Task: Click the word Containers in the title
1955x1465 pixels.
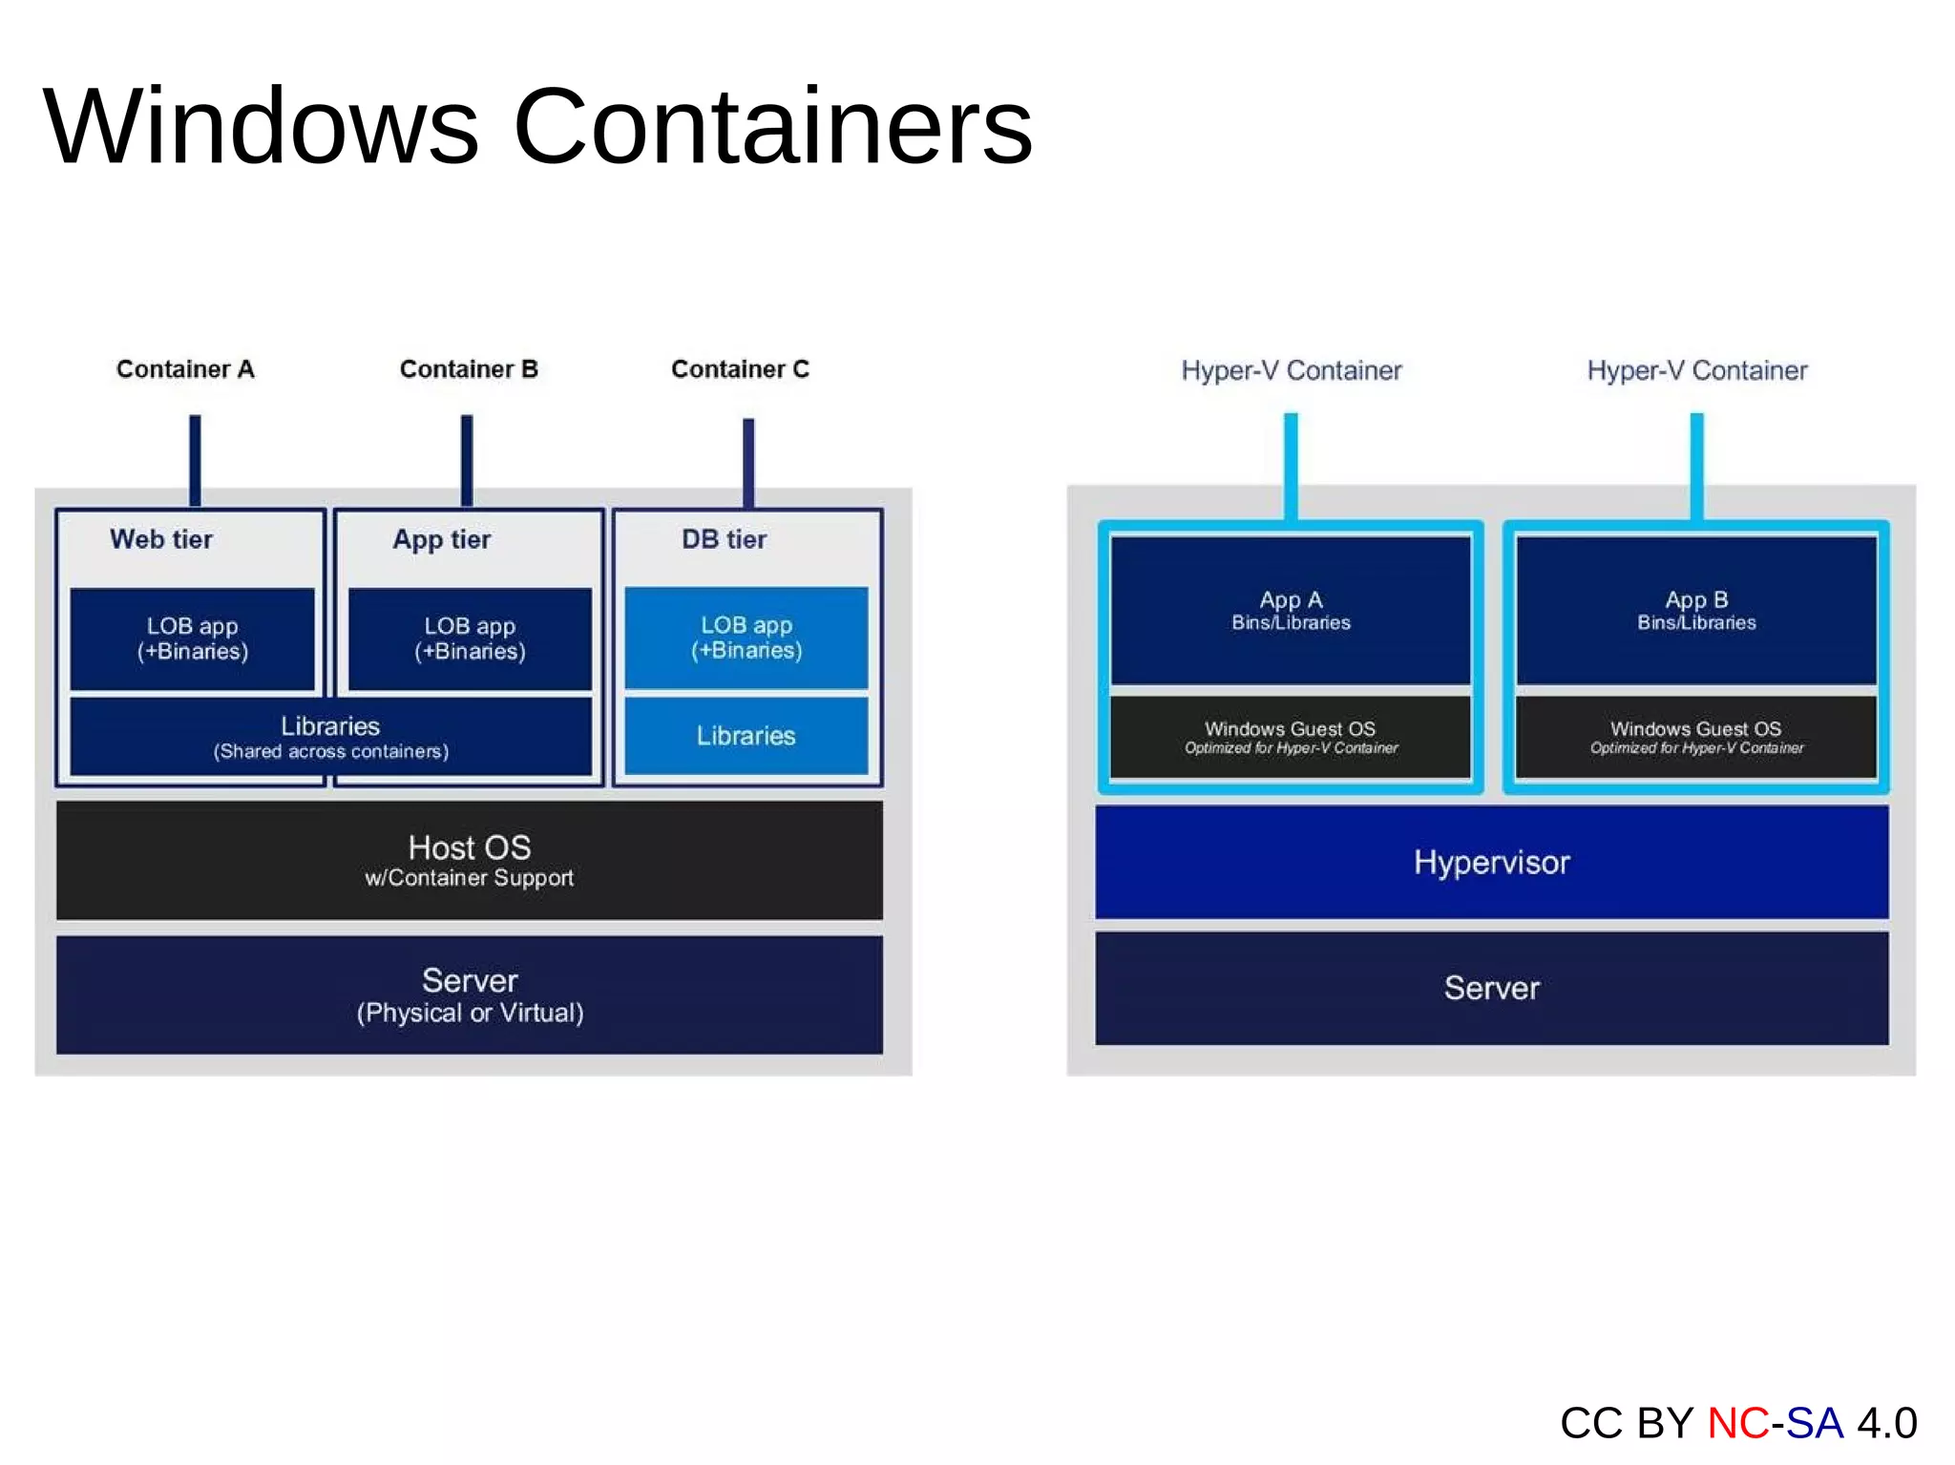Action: [x=773, y=127]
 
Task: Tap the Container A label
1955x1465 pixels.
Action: [x=185, y=369]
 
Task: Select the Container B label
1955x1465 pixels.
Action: [x=469, y=369]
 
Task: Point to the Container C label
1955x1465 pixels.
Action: [x=740, y=369]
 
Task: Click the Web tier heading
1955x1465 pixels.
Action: [x=161, y=539]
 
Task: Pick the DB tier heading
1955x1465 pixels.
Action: [x=724, y=539]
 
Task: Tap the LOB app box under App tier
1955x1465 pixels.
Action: [x=470, y=638]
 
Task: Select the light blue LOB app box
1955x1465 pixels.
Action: [x=746, y=638]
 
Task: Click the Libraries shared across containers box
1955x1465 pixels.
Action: [x=330, y=737]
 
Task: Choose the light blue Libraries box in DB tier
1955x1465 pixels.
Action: [x=746, y=736]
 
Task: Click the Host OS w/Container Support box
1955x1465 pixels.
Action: [x=469, y=860]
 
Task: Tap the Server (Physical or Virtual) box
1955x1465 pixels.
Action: [x=469, y=994]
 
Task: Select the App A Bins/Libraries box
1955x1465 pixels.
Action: [x=1291, y=610]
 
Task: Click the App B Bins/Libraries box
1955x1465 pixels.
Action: [x=1696, y=610]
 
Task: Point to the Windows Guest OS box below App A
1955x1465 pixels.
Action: [x=1291, y=737]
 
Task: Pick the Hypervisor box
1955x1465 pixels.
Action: [x=1491, y=862]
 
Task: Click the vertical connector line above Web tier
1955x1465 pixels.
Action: [x=195, y=460]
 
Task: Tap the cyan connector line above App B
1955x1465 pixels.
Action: [x=1696, y=466]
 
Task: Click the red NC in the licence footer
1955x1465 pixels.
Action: [x=1737, y=1423]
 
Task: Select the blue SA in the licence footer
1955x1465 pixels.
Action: [x=1815, y=1423]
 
